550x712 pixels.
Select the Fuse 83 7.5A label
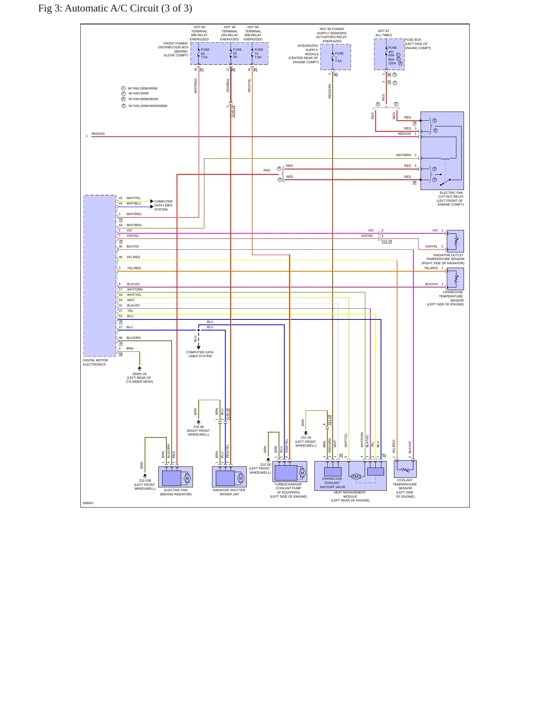205,53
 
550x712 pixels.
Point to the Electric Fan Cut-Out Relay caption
451,199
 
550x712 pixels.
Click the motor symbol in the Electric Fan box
187,478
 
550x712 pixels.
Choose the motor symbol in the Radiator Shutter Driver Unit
241,478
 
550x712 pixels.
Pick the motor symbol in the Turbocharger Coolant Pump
302,473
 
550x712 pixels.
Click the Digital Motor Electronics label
95,362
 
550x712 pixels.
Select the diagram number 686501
88,503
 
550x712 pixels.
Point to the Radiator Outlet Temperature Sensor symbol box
455,241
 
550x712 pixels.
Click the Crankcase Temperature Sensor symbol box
455,279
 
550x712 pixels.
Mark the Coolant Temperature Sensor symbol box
405,469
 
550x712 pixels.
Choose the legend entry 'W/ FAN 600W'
139,93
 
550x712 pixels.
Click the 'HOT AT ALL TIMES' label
384,33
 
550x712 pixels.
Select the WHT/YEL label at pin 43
134,198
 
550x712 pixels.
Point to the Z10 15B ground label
145,485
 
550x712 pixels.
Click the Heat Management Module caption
350,496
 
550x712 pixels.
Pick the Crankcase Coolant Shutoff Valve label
332,483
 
